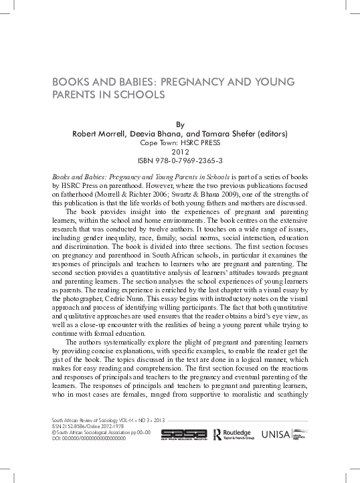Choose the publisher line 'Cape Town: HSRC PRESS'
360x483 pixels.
click(x=179, y=142)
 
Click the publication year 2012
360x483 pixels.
click(x=179, y=152)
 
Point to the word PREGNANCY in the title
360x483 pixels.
click(x=189, y=82)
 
